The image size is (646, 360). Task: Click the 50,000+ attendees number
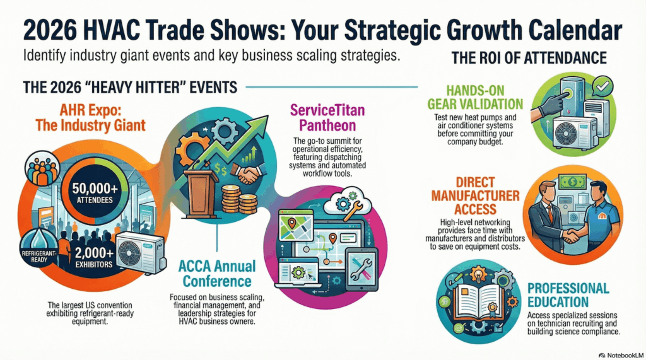coord(95,189)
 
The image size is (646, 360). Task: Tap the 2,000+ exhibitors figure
coord(94,252)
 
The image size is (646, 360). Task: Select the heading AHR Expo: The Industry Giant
coord(90,118)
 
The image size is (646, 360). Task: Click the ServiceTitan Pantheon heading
coord(327,118)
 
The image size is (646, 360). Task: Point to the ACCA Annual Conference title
coord(217,274)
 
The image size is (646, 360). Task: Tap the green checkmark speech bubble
coord(602,86)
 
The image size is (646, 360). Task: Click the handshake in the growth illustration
coord(247,174)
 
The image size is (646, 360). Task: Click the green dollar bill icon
coord(572,181)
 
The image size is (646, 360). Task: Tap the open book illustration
coord(478,302)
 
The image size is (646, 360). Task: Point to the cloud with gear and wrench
coord(348,204)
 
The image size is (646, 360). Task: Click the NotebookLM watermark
coord(621,355)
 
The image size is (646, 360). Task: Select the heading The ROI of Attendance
coord(529,57)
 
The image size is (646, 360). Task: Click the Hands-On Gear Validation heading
coord(475,97)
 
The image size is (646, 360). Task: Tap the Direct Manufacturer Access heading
coord(475,195)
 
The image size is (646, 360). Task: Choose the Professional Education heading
coord(568,295)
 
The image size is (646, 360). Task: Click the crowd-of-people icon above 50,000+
coord(42,169)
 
